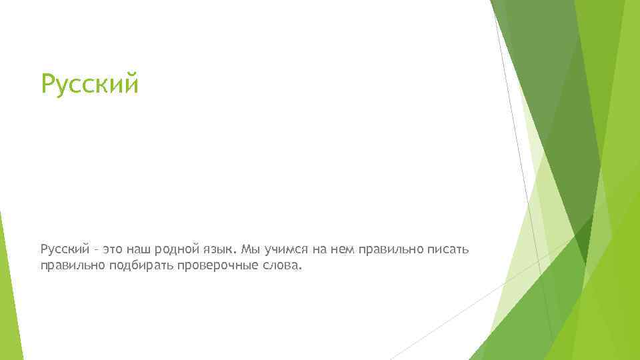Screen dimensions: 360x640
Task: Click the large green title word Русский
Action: point(89,85)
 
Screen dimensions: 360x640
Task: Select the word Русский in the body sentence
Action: point(65,249)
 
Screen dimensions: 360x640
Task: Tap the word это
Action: point(114,249)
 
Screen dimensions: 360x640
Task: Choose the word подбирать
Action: point(139,265)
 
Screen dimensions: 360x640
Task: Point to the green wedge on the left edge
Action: point(8,293)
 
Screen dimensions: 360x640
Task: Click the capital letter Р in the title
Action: point(48,85)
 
